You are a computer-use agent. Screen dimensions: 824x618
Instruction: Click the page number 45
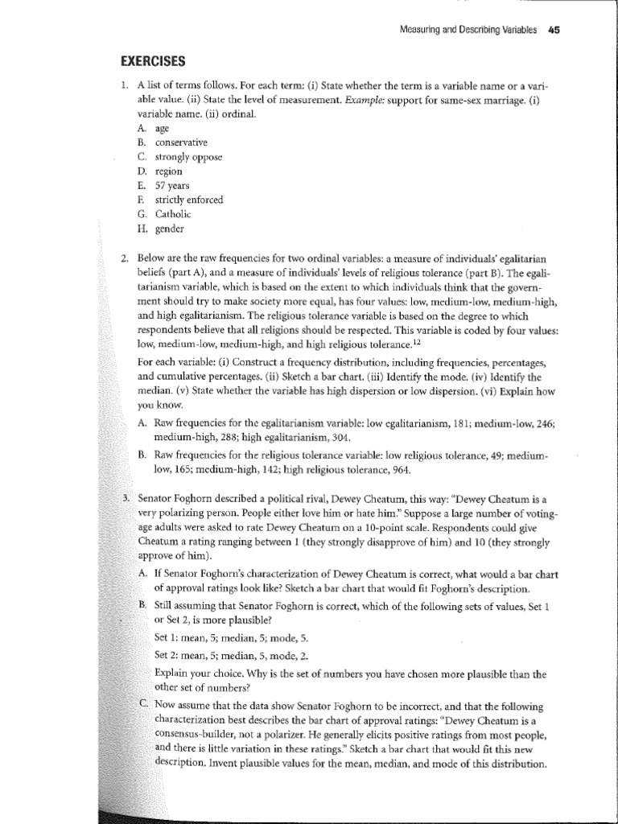(553, 30)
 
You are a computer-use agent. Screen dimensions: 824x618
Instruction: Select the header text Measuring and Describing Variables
(468, 30)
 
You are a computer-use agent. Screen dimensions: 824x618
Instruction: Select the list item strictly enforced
(180, 200)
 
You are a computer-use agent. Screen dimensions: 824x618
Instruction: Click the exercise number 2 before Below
(125, 257)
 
